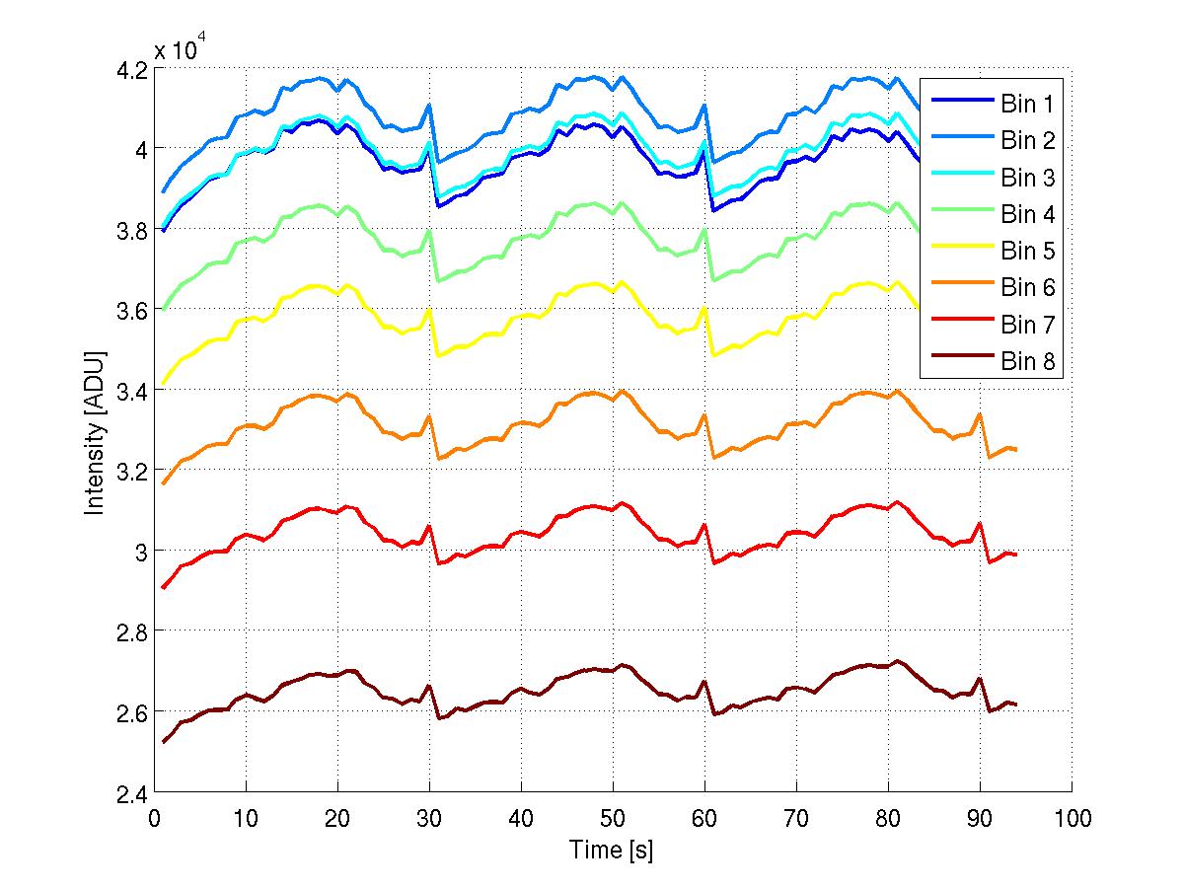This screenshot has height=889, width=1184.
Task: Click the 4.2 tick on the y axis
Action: (134, 70)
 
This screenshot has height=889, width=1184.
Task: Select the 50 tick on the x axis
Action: (613, 818)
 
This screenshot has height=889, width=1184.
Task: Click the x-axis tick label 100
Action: (1072, 818)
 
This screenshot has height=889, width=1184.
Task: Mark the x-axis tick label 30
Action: (429, 818)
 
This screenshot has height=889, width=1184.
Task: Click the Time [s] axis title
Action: (612, 850)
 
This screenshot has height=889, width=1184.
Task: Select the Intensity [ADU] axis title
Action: (96, 431)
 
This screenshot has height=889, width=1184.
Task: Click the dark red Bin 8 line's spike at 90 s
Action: (980, 679)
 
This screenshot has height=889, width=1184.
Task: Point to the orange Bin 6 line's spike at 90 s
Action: (980, 414)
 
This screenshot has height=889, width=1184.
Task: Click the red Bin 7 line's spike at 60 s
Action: (704, 525)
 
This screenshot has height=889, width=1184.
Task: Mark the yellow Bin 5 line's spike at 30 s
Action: (429, 310)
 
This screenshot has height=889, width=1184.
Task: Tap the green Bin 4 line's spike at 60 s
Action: (704, 230)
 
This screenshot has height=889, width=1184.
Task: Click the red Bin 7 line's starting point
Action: (164, 587)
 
